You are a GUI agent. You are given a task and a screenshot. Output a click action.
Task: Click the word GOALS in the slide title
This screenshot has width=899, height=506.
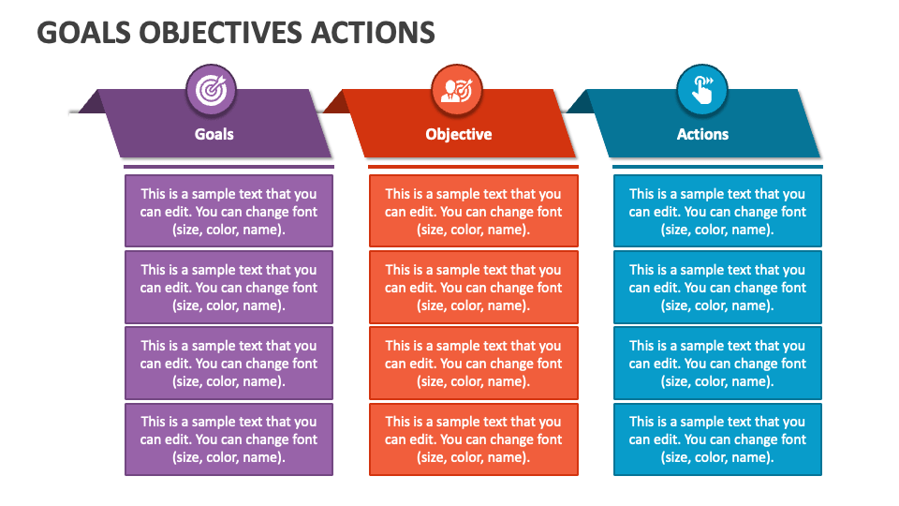tap(84, 33)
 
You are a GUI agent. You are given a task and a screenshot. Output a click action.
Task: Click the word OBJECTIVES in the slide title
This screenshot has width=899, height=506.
tap(221, 33)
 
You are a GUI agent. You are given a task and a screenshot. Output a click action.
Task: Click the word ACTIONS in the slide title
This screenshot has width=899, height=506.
tap(374, 33)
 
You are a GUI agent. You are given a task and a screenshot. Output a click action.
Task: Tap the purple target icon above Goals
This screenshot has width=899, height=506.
tap(211, 90)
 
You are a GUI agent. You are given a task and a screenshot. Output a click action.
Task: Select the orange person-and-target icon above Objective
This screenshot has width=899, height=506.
tap(456, 90)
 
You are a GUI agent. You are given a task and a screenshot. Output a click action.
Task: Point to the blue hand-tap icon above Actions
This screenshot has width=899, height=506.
tap(701, 90)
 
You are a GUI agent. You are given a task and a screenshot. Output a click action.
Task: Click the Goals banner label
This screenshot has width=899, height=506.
tap(214, 134)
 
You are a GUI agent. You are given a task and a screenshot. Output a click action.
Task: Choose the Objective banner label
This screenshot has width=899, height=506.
tap(459, 134)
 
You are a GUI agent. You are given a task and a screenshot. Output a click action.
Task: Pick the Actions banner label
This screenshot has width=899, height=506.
tap(702, 134)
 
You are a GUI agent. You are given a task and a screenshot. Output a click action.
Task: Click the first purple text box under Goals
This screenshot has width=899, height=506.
tap(228, 211)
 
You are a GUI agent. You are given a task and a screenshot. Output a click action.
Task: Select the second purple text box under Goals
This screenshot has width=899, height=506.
tap(228, 287)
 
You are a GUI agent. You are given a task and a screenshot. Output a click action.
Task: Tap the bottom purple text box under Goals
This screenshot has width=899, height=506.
tap(228, 439)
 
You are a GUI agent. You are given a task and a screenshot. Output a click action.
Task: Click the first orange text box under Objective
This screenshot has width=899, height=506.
tap(474, 211)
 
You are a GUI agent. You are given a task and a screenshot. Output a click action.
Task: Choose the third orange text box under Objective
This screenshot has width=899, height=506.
tap(474, 364)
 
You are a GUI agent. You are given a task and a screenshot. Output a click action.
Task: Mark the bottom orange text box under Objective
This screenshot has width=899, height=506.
tap(474, 439)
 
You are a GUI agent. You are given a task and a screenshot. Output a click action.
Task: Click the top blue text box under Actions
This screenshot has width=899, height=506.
tap(718, 211)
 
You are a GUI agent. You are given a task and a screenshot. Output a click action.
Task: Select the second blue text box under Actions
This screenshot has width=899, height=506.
tap(718, 287)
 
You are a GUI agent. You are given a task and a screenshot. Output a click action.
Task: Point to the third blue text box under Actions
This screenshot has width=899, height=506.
tap(718, 364)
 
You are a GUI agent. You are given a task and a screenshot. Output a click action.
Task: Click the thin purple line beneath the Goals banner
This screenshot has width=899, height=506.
tap(228, 167)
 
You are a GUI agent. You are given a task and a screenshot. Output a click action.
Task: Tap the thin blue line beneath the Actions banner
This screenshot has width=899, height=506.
tap(718, 167)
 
